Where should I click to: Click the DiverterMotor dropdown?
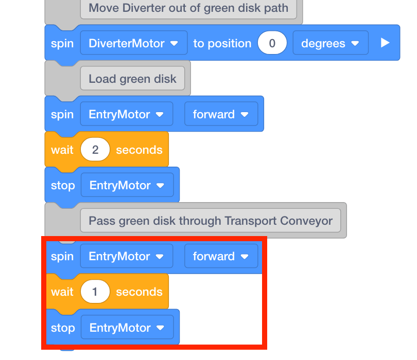(133, 43)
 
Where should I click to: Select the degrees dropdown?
(330, 43)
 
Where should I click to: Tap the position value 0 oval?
(272, 43)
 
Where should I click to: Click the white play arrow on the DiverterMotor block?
(385, 43)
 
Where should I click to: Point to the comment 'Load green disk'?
(132, 79)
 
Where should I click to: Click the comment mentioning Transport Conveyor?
(210, 221)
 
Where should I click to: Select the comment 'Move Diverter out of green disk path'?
(188, 8)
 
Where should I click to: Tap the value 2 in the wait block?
(95, 150)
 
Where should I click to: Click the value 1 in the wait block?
(95, 292)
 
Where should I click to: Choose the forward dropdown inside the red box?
(221, 256)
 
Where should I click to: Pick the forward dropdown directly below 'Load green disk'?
(221, 114)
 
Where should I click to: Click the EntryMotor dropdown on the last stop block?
(127, 328)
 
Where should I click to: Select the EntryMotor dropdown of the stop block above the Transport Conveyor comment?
(127, 185)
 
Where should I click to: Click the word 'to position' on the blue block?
(222, 43)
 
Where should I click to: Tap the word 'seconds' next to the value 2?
(139, 150)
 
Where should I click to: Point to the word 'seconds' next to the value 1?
(139, 292)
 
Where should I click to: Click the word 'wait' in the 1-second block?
(62, 292)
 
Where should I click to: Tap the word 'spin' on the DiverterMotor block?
(62, 43)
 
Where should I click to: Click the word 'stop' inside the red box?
(63, 328)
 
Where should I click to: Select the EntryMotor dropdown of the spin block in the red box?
(126, 256)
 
